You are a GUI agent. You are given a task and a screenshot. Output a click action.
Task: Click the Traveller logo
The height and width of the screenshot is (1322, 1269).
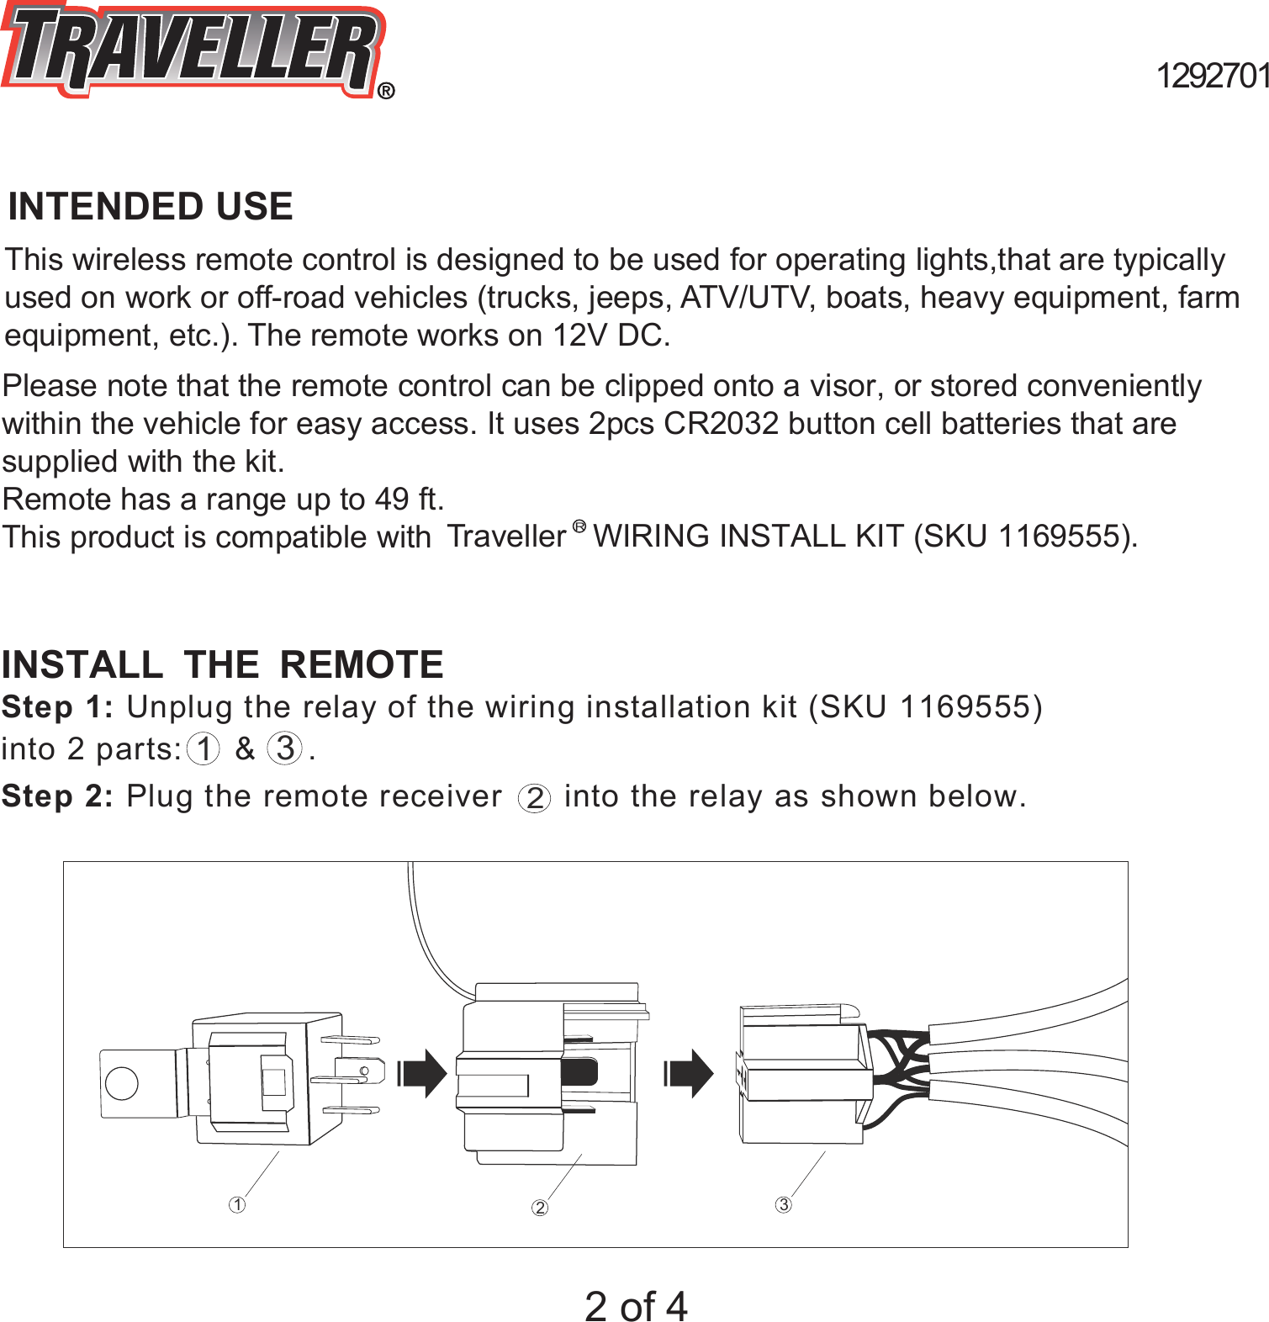point(192,50)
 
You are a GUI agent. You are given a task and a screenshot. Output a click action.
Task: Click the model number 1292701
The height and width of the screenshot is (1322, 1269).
point(1212,77)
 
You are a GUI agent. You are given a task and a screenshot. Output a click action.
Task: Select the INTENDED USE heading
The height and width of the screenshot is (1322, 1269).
point(151,207)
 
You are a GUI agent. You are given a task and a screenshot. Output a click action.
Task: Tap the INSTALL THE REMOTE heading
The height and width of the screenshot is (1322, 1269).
point(222,665)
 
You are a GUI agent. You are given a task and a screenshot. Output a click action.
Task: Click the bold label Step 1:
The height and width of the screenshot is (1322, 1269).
point(57,707)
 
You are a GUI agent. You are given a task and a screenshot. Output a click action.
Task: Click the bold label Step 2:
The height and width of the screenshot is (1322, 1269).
point(57,796)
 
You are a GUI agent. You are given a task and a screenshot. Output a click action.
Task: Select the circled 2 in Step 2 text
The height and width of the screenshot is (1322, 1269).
point(534,798)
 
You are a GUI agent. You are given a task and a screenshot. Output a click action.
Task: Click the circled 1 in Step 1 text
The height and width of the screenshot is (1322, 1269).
point(204,748)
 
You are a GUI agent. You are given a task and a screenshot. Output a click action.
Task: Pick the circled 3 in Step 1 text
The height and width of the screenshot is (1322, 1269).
point(285,748)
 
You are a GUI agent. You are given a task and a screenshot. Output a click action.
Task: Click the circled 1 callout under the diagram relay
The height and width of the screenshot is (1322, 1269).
point(237,1205)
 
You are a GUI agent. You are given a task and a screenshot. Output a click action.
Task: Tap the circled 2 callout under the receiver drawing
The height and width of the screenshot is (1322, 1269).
point(540,1208)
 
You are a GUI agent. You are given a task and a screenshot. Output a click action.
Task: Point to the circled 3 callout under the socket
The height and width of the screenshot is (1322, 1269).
point(783,1205)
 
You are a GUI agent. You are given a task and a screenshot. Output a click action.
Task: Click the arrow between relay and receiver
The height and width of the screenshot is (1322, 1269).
point(423,1074)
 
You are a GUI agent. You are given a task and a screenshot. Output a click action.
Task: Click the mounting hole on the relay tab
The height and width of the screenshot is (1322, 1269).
point(122,1083)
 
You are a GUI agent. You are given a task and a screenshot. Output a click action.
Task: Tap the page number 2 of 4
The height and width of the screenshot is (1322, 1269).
point(636,1306)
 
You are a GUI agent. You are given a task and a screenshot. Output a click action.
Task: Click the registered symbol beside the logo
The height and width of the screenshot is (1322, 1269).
point(386,91)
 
